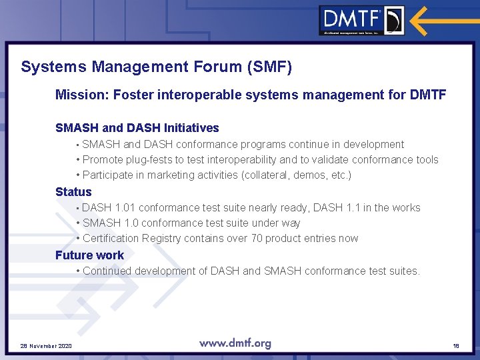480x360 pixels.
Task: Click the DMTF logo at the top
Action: (361, 20)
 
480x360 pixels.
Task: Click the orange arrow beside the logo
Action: (441, 20)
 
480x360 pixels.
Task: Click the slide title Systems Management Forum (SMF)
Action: (156, 67)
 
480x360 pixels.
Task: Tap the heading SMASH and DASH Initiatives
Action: (137, 128)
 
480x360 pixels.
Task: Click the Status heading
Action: (73, 192)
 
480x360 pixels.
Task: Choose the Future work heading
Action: (89, 255)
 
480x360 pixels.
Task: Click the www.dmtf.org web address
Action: (235, 344)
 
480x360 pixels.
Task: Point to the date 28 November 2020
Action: (46, 346)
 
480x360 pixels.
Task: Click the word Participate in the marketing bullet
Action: (110, 175)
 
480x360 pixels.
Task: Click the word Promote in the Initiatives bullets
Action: (103, 160)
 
